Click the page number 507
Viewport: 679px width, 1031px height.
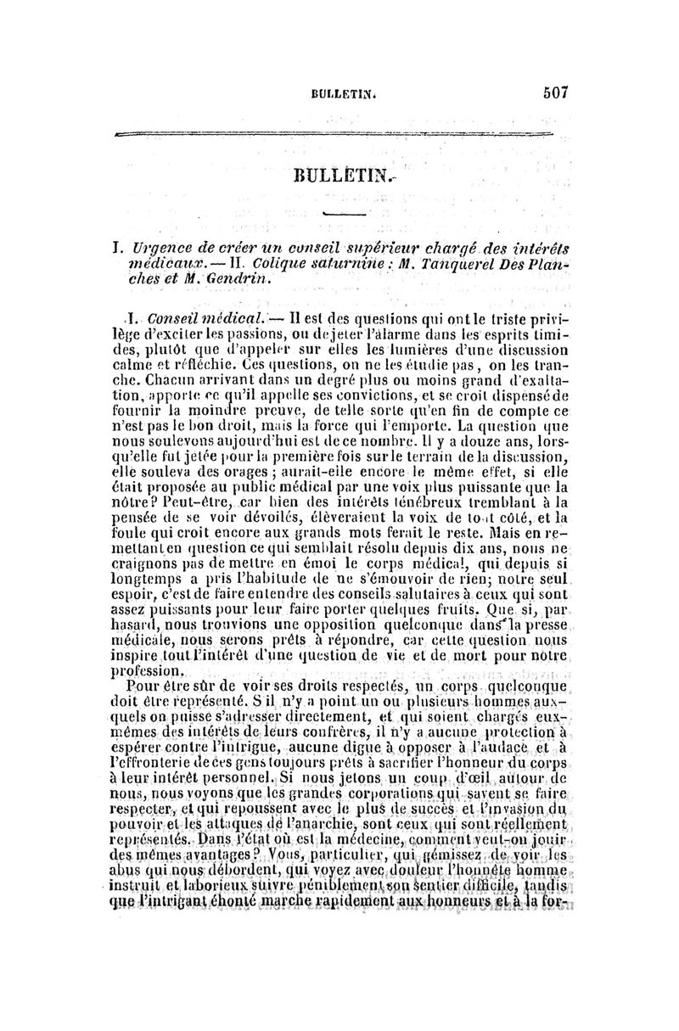(551, 91)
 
